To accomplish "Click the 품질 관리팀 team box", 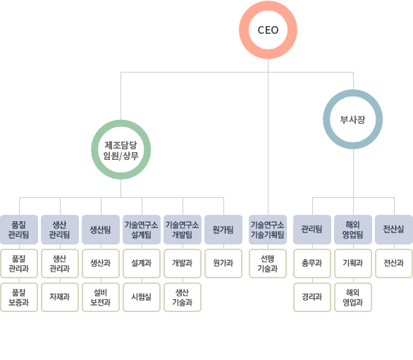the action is coord(19,230).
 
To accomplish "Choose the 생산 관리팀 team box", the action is coord(60,230).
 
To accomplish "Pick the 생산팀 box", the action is coord(101,230).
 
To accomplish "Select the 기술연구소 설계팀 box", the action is coord(142,230).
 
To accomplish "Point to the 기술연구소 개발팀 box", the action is coord(183,230).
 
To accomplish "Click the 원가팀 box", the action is coord(223,230).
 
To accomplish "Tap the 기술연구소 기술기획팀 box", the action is coord(268,230).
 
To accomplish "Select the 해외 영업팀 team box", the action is coord(353,230).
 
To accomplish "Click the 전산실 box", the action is coord(394,230).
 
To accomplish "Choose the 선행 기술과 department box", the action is coord(268,263).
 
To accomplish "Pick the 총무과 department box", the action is coord(312,263).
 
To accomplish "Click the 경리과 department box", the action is coord(312,297).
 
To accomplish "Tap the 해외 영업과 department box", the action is coord(353,297).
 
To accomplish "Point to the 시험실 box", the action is coord(142,297).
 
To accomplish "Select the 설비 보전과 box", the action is coord(101,297).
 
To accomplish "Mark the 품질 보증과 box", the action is coord(19,297).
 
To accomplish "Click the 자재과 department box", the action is coord(60,297).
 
